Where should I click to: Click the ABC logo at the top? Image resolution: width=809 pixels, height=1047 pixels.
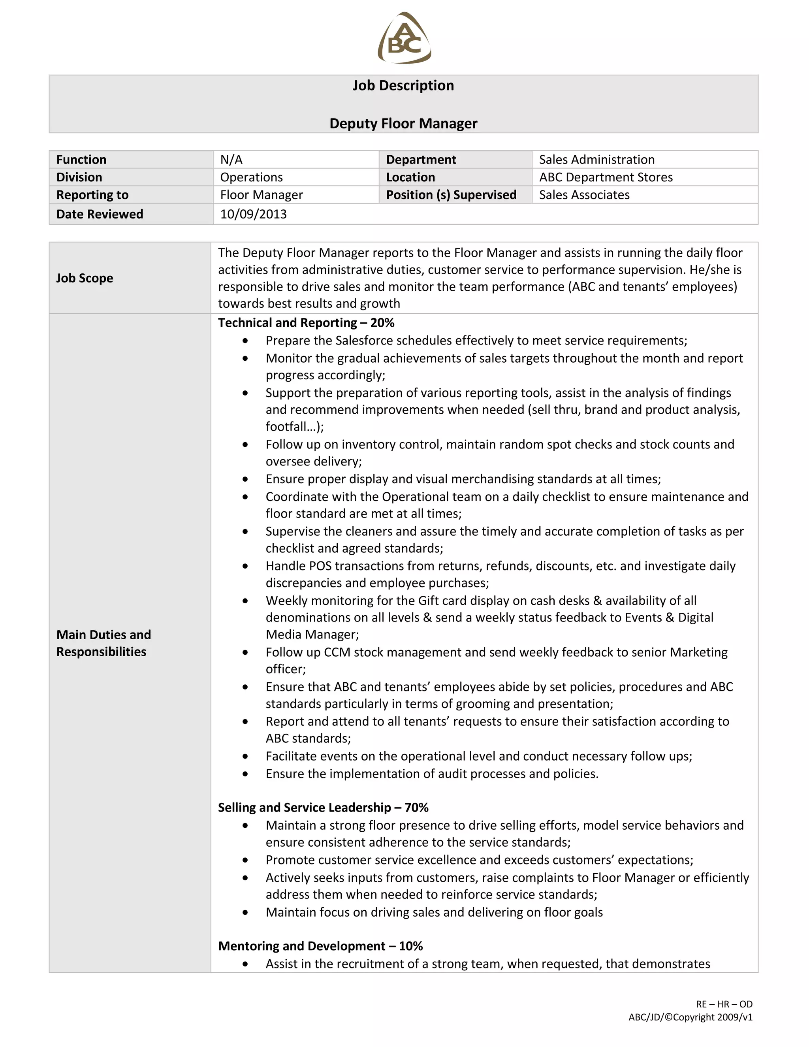click(404, 38)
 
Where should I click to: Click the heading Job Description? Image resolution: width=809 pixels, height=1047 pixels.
click(403, 85)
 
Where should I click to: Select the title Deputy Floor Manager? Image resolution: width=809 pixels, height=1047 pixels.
click(403, 124)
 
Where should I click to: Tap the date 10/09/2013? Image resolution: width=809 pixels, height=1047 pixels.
click(253, 214)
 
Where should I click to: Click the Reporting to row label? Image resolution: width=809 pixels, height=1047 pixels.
click(92, 195)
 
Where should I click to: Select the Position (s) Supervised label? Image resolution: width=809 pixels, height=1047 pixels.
click(451, 195)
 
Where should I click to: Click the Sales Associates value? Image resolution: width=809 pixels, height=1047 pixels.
click(584, 195)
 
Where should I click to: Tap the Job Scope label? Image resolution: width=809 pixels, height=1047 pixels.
click(85, 278)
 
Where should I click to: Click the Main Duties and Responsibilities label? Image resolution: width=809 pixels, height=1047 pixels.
click(103, 643)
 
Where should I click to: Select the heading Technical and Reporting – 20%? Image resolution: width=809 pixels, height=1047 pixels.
click(306, 323)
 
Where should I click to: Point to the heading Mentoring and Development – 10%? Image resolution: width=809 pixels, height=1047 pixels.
click(320, 946)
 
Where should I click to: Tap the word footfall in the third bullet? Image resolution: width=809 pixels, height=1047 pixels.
click(286, 427)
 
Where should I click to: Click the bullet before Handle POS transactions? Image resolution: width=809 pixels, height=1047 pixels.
click(245, 566)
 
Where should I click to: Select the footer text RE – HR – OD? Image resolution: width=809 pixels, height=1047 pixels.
click(724, 1004)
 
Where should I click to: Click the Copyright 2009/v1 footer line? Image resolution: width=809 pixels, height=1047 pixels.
click(690, 1017)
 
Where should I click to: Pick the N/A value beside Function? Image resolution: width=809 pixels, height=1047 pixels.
click(231, 160)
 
